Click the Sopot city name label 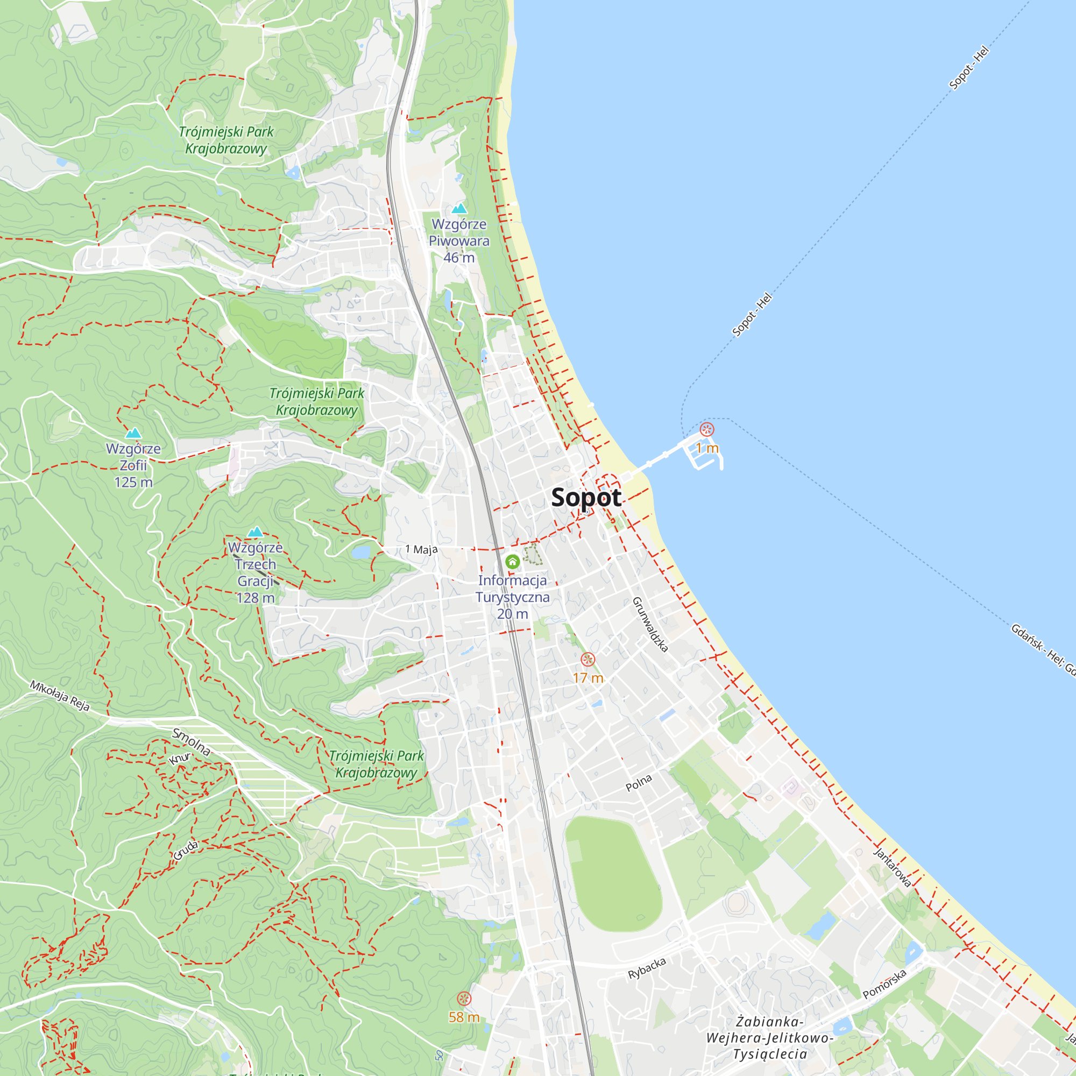(x=586, y=497)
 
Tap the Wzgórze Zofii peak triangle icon (x=133, y=433)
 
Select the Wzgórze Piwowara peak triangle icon (x=459, y=209)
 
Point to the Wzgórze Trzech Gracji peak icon (x=255, y=532)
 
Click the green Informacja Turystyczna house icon (x=512, y=561)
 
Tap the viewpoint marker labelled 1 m (x=707, y=429)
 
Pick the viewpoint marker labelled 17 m (x=587, y=660)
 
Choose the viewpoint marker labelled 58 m (x=464, y=999)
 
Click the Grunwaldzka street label (x=650, y=624)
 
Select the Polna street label (x=638, y=782)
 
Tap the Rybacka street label (x=647, y=968)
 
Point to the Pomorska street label (x=884, y=984)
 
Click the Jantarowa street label (x=892, y=867)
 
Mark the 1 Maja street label (x=421, y=550)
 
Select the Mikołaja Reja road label (x=60, y=695)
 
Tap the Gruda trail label (x=186, y=850)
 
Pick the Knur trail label (x=180, y=759)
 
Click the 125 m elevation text (x=133, y=482)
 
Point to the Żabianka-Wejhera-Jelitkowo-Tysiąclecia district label (x=770, y=1038)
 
